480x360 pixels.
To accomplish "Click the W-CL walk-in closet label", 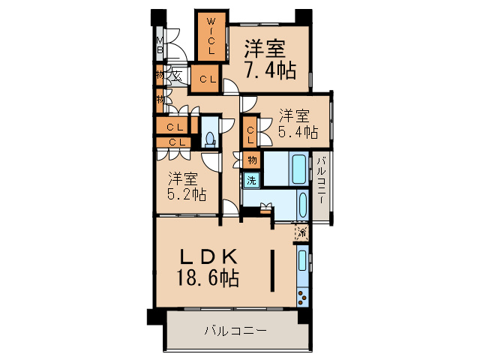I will [x=212, y=35].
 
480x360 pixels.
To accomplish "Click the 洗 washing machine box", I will [x=251, y=180].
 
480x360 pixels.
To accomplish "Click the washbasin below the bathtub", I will [x=302, y=203].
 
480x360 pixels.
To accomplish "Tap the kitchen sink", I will [x=302, y=261].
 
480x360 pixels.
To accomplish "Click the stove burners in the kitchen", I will [x=302, y=295].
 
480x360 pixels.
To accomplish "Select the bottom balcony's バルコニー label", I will [x=235, y=330].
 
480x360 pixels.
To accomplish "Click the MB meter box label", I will [x=160, y=46].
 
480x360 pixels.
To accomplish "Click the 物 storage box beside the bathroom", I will [x=252, y=160].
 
